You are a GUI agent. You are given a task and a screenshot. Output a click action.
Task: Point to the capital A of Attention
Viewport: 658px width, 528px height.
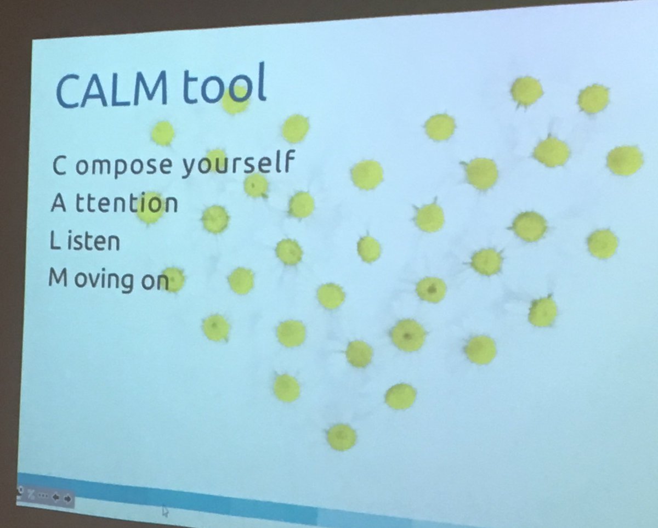click(x=58, y=203)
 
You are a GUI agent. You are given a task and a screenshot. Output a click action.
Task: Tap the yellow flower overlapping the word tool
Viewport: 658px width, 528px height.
click(x=235, y=102)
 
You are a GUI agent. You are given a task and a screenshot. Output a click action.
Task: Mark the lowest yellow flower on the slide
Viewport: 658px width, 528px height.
click(x=342, y=436)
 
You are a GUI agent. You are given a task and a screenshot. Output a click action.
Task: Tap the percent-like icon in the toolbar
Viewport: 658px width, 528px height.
click(x=31, y=495)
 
